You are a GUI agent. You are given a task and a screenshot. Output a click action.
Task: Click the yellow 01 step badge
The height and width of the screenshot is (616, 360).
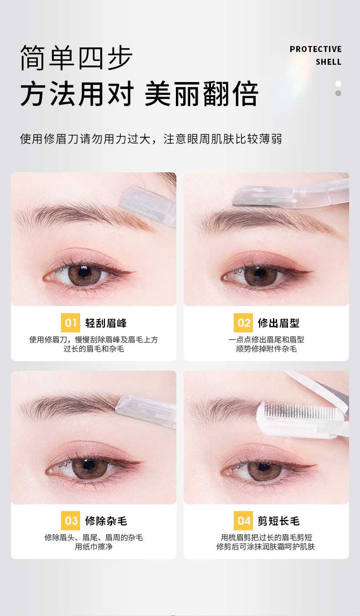[71, 323]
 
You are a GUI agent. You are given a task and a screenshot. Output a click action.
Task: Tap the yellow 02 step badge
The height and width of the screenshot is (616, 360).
[243, 323]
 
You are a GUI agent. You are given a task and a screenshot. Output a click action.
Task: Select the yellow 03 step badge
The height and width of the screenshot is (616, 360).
[71, 521]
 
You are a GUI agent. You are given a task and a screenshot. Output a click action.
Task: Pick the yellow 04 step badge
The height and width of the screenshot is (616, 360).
[243, 521]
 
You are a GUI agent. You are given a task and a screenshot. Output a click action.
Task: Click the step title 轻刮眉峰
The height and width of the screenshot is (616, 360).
[106, 323]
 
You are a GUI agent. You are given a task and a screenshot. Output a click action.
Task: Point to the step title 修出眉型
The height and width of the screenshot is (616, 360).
[278, 323]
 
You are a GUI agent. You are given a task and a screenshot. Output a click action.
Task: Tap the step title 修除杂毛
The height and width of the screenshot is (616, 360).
[106, 521]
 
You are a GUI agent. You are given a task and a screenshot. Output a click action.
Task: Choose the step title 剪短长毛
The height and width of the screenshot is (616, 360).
[278, 521]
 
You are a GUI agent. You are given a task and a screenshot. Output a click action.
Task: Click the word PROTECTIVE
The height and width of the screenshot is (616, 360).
[315, 49]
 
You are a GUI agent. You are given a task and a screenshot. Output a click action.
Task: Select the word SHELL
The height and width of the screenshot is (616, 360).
[329, 62]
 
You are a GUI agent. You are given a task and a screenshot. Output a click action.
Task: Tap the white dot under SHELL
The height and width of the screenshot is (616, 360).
[338, 83]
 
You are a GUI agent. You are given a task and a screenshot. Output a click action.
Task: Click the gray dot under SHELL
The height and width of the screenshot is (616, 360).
[338, 93]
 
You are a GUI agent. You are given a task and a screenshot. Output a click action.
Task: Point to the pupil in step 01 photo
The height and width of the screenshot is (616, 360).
[83, 272]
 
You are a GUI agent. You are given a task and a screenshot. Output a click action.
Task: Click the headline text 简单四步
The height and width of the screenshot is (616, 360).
[77, 58]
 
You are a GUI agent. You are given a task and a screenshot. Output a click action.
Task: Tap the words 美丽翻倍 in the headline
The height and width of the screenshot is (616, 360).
[201, 94]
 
